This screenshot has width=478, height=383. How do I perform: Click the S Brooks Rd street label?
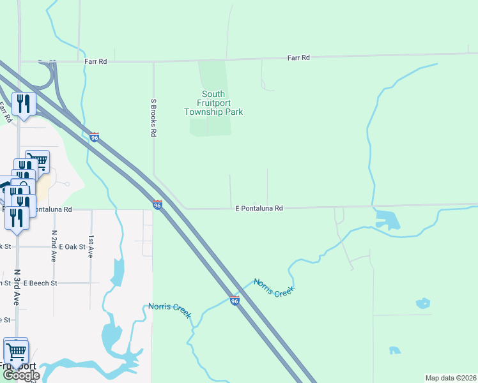click(153, 117)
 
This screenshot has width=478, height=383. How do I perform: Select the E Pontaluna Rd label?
click(259, 208)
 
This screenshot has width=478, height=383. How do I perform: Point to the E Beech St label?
click(40, 283)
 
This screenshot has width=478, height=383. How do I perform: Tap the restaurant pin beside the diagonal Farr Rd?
click(24, 103)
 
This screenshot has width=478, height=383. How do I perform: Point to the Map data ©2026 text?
click(449, 378)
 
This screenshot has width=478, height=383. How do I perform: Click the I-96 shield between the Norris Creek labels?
click(235, 300)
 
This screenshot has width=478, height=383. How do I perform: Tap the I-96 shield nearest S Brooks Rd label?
click(95, 137)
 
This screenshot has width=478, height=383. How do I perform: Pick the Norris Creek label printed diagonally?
click(274, 288)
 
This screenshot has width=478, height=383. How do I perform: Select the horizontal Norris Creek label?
click(168, 306)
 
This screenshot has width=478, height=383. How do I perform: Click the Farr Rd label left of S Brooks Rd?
click(95, 62)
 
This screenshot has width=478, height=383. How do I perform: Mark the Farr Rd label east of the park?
click(298, 58)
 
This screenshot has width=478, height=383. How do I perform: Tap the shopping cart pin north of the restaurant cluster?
click(38, 161)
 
